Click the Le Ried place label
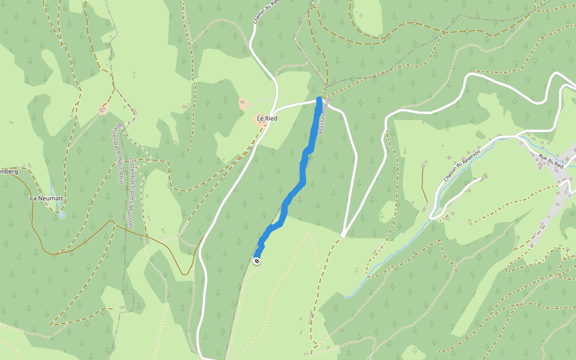pos(266,119)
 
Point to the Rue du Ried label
pos(551,160)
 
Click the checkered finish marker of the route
pos(257,261)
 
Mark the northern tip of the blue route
pos(319,98)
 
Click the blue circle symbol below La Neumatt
pos(62,214)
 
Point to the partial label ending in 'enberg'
pos(8,172)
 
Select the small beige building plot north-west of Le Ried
pos(244,104)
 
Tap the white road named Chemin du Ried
pos(256,48)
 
